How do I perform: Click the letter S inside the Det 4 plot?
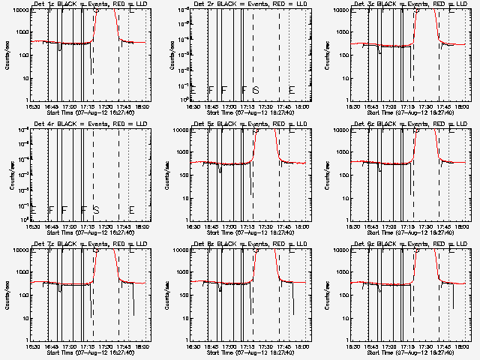[x=96, y=210]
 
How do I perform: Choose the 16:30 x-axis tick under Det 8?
[x=193, y=343]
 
